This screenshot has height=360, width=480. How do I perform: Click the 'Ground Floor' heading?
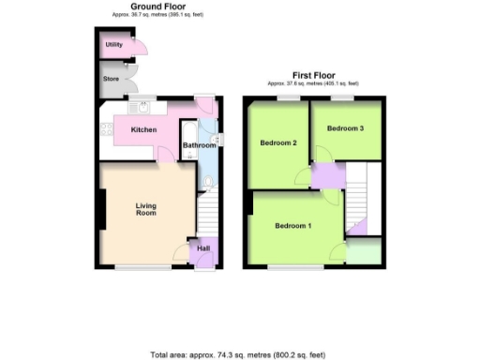(157, 7)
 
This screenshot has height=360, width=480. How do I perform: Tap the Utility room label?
(113, 44)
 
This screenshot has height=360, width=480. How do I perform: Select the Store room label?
(112, 80)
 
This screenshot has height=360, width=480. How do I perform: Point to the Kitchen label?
(143, 129)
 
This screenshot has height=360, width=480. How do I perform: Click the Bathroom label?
(199, 145)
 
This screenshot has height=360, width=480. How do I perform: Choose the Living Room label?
(145, 209)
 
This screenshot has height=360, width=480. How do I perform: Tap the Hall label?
(202, 248)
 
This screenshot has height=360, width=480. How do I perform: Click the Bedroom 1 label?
(293, 226)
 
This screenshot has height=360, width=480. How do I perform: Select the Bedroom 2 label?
(278, 143)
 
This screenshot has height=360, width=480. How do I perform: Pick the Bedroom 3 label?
(346, 128)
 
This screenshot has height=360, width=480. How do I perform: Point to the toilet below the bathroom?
(208, 181)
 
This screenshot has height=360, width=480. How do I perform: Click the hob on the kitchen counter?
(106, 129)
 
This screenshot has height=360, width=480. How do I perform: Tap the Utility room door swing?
(137, 48)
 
